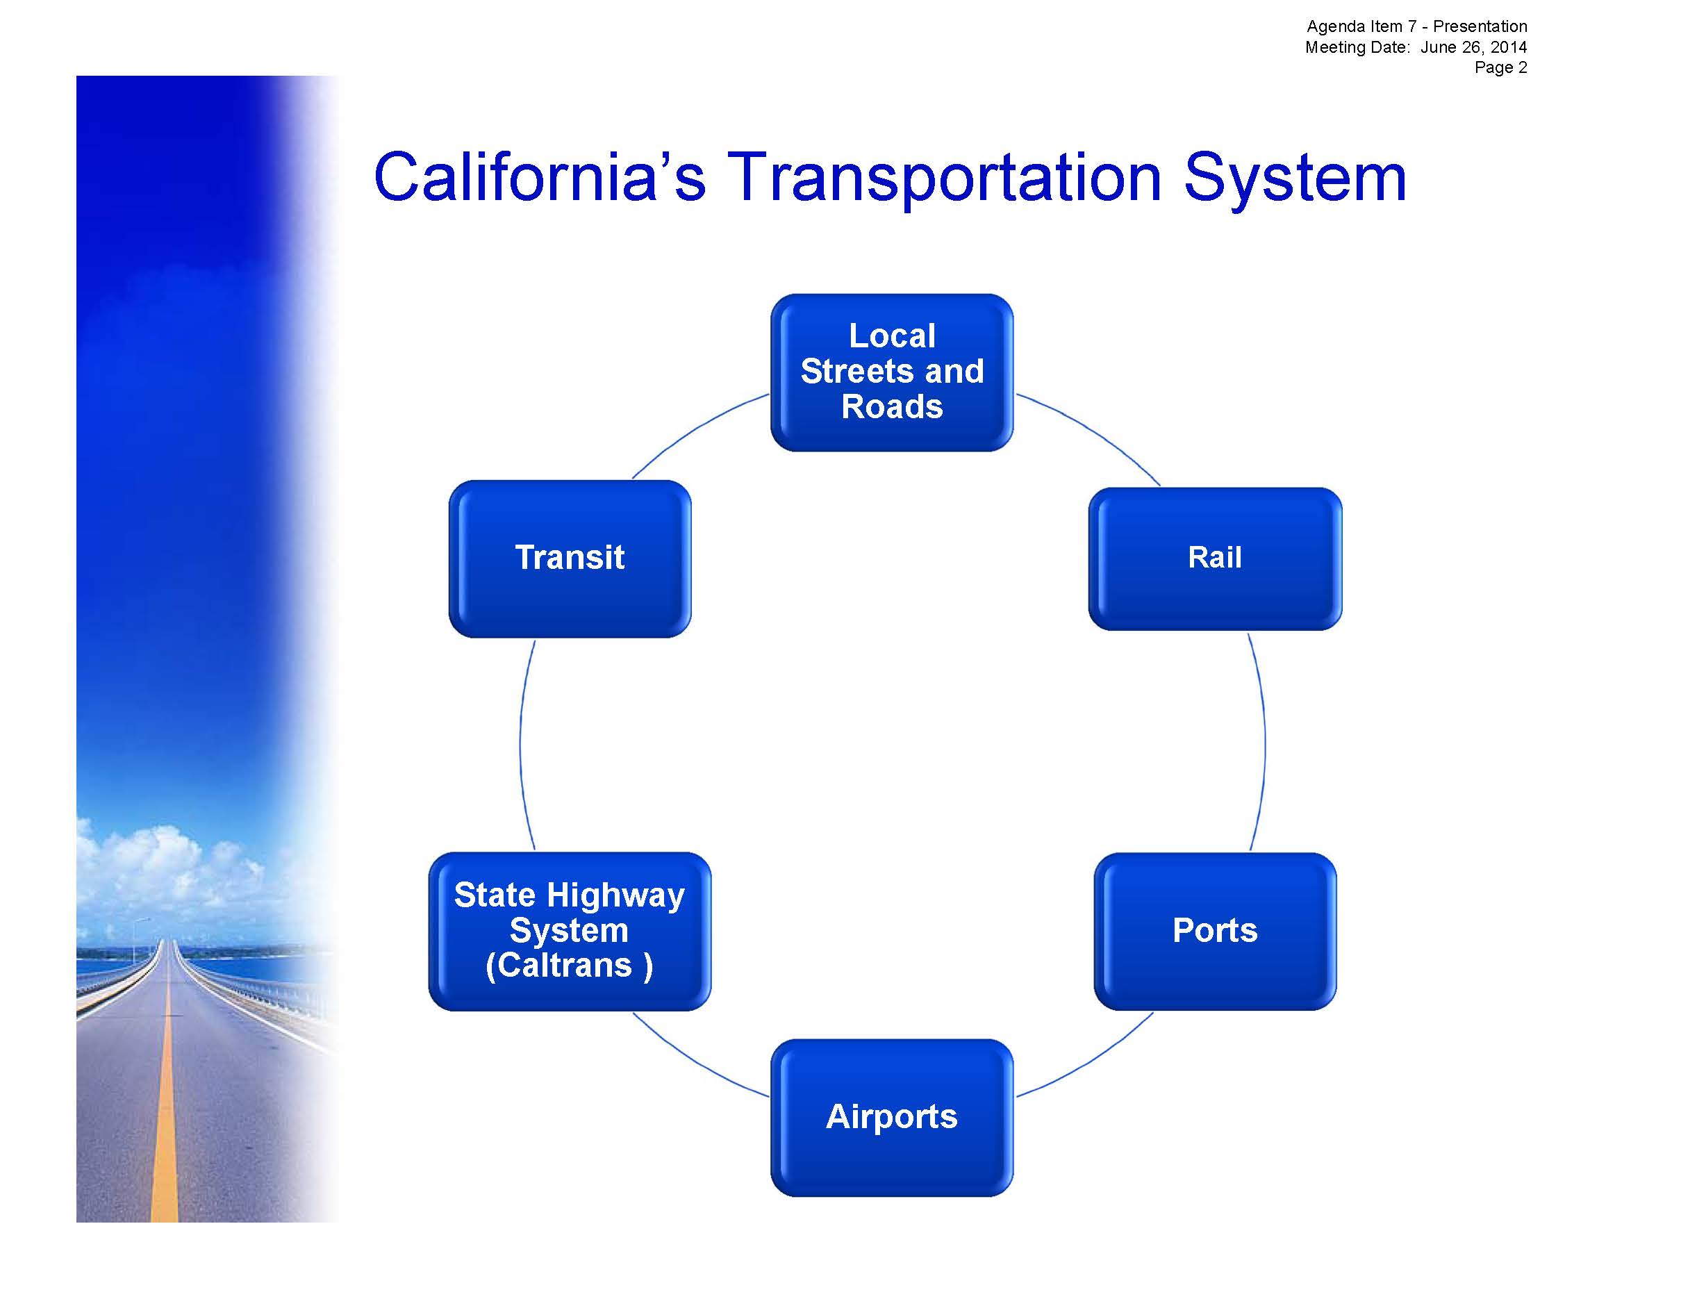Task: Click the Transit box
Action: pos(570,559)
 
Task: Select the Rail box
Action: pos(1215,559)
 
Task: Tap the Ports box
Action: pos(1215,931)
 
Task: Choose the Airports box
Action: pos(891,1118)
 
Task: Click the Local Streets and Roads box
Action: pos(891,372)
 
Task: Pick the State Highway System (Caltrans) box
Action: pos(570,931)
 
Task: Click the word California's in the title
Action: pos(539,179)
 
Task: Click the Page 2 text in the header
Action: pos(1500,67)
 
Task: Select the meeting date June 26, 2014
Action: pos(1473,47)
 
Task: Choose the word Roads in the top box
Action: pos(892,406)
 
